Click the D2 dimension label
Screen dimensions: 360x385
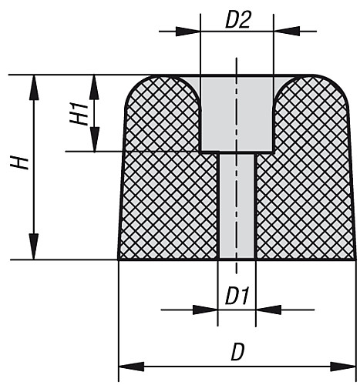(x=237, y=20)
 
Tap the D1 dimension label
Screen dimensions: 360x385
(x=237, y=297)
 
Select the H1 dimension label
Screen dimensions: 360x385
(x=79, y=113)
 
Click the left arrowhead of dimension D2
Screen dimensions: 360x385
(x=188, y=32)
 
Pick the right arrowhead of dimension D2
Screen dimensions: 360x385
(x=287, y=31)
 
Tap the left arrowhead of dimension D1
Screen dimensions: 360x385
(x=205, y=310)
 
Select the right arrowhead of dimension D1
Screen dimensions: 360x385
(x=268, y=310)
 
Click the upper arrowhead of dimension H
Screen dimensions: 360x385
(x=34, y=87)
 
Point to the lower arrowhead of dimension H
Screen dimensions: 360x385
(x=34, y=246)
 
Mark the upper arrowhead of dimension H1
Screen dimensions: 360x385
(x=94, y=87)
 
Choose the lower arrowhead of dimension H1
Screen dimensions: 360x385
(x=94, y=139)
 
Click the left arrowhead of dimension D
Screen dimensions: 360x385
(x=131, y=367)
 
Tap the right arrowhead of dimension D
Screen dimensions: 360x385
(x=343, y=367)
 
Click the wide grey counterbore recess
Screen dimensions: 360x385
(x=237, y=114)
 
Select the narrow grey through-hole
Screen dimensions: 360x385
(x=237, y=206)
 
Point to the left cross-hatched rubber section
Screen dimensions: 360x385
(x=168, y=179)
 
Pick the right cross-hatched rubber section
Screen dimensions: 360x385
(x=306, y=179)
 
